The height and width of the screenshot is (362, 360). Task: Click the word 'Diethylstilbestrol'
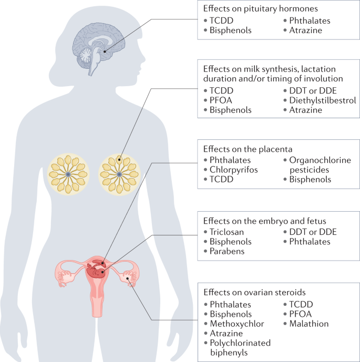point(322,100)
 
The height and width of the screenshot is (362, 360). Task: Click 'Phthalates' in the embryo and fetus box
point(310,242)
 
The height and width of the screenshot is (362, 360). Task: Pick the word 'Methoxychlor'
point(236,324)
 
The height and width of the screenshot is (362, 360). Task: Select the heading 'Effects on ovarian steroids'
point(254,292)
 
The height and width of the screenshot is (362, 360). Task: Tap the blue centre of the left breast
point(68,174)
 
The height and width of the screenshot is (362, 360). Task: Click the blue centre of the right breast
point(120,174)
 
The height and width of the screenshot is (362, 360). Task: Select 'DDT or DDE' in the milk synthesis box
point(309,90)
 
